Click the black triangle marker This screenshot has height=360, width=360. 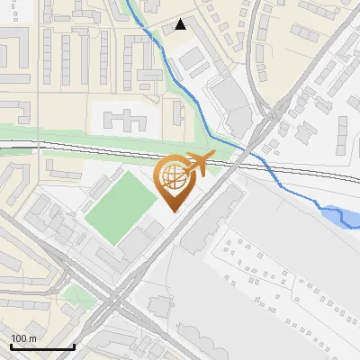(182, 24)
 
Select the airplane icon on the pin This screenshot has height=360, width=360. (198, 164)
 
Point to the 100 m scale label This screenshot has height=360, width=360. (23, 338)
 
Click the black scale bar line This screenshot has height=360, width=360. (41, 346)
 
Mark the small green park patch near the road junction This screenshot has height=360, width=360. (79, 295)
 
